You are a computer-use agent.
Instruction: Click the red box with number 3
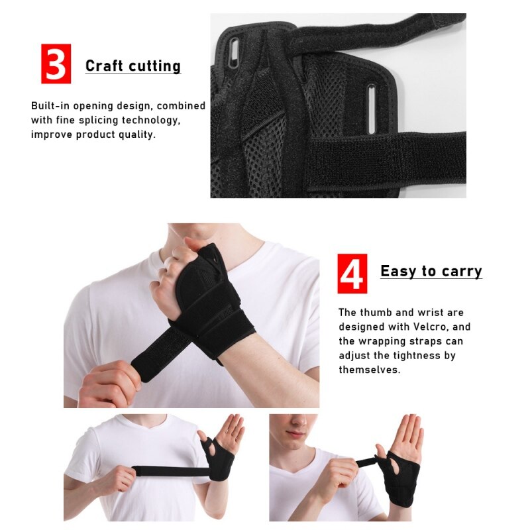click(x=56, y=64)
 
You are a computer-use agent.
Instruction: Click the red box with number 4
click(x=352, y=273)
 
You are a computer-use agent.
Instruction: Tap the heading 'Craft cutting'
click(x=132, y=66)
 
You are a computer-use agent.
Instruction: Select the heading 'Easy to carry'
click(x=431, y=271)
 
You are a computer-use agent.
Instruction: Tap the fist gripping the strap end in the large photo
click(x=109, y=383)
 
